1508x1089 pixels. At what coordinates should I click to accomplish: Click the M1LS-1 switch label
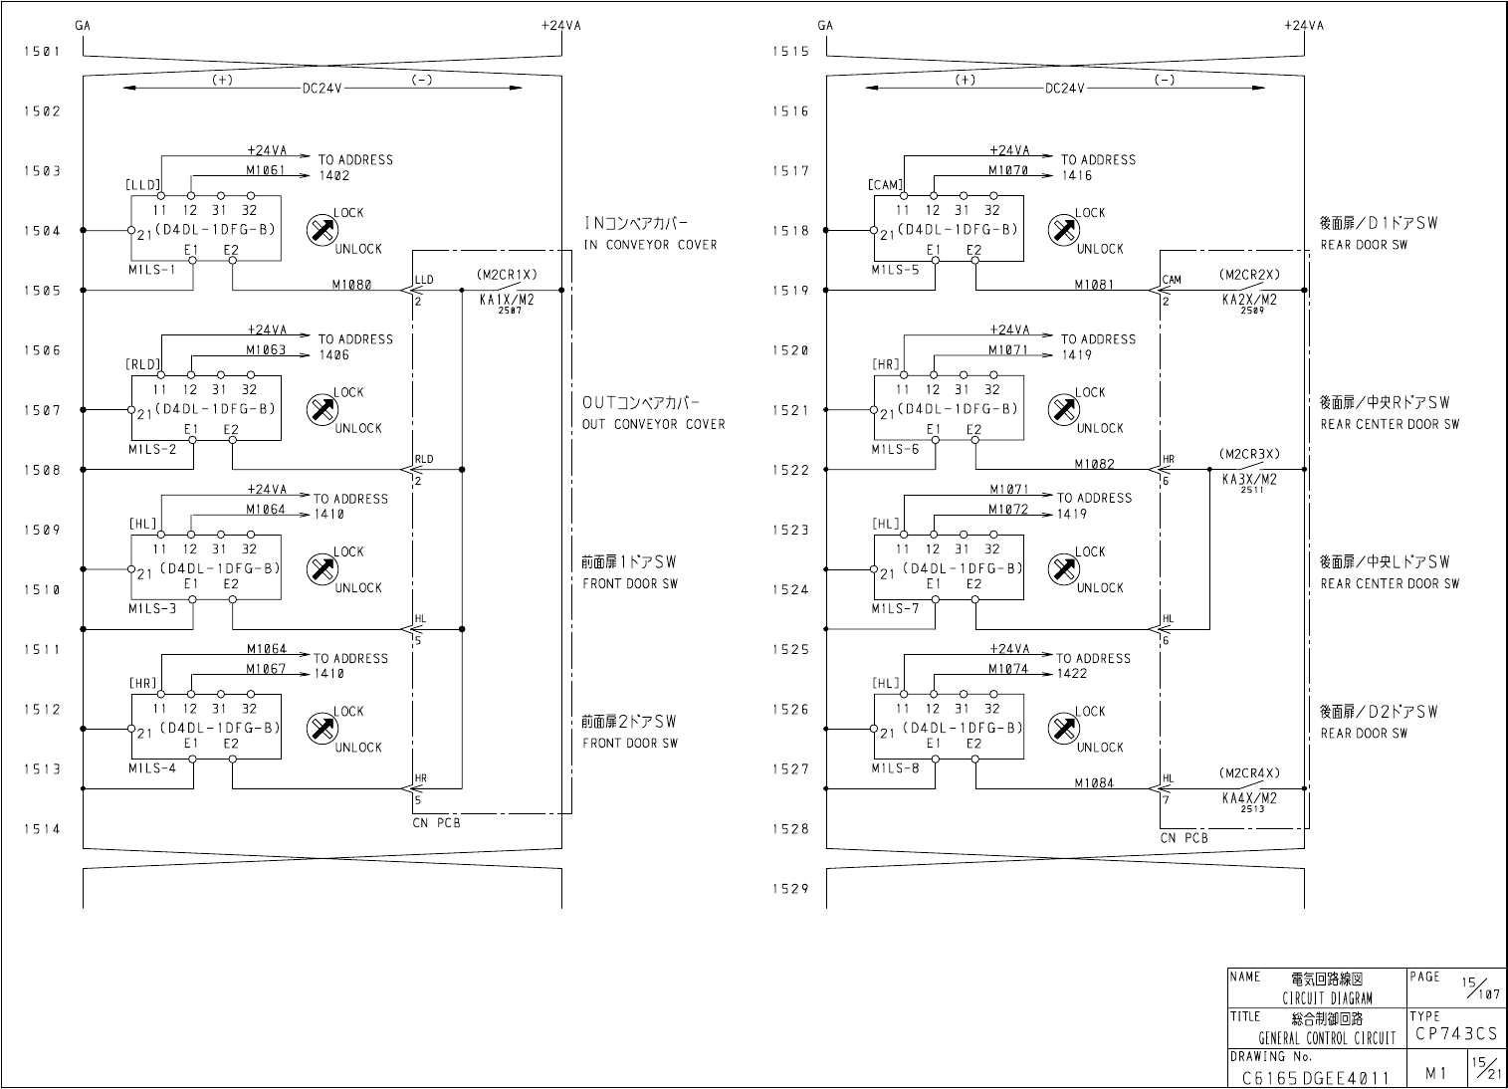[152, 270]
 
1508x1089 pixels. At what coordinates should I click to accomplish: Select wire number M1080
[351, 285]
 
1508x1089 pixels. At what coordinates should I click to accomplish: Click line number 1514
[43, 828]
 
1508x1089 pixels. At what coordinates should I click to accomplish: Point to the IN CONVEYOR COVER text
[650, 245]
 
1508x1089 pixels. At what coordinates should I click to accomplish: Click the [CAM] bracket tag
[886, 184]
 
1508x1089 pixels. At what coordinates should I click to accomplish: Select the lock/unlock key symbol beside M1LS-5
[1063, 230]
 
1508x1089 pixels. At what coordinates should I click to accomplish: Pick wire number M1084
[1094, 782]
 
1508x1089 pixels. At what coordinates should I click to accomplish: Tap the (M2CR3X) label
[1249, 454]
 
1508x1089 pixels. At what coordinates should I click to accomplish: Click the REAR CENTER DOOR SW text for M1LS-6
[1390, 424]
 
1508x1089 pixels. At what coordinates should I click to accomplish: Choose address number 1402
[334, 175]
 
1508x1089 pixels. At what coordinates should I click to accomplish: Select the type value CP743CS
[1455, 1034]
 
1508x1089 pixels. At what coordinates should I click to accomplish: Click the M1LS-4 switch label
[152, 767]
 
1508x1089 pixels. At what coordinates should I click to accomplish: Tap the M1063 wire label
[266, 349]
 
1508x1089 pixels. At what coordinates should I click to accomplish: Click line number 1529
[790, 889]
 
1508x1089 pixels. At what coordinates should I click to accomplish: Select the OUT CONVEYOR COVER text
[654, 424]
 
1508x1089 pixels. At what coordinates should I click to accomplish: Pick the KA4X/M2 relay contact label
[1249, 797]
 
